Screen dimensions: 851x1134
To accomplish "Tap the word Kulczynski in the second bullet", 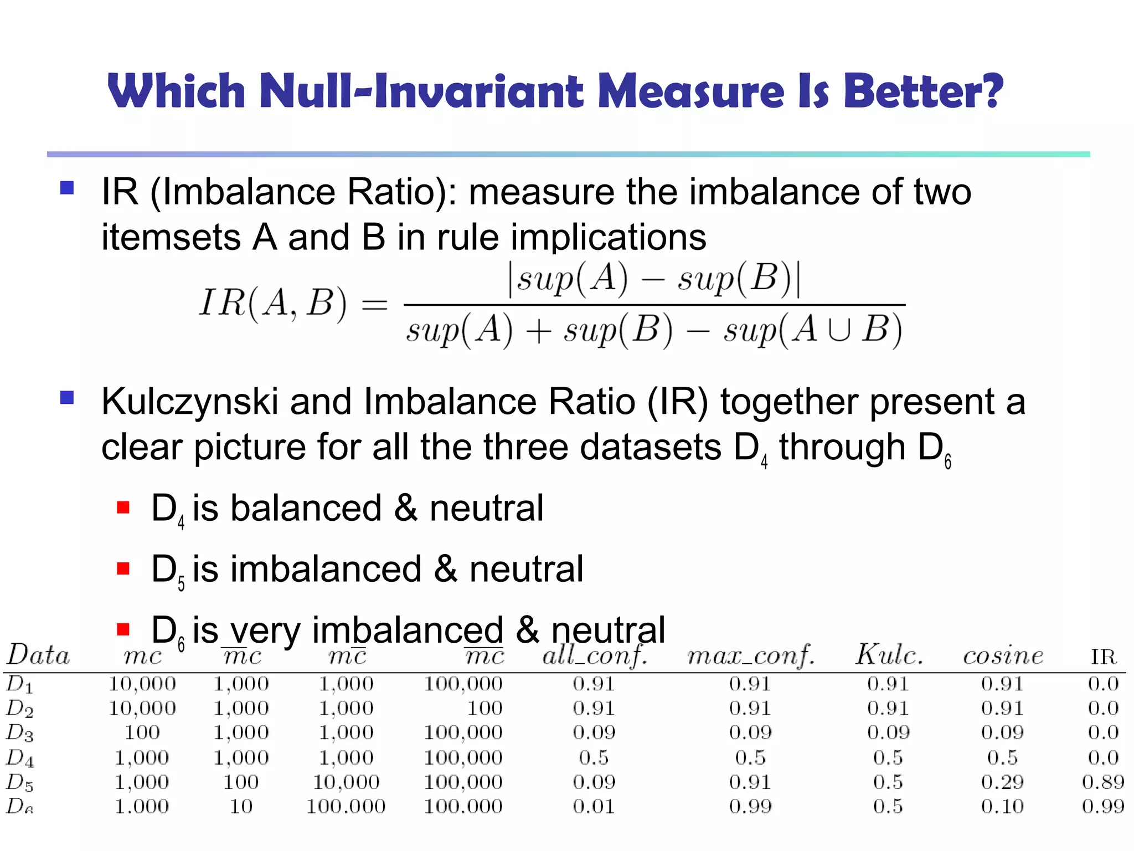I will [x=189, y=402].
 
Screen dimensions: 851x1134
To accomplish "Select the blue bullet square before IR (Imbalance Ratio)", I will [x=67, y=188].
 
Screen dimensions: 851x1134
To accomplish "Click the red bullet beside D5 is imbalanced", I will [x=123, y=569].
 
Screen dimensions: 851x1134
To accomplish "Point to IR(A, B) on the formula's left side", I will [x=273, y=304].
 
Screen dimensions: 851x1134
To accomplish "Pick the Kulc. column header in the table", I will [x=889, y=655].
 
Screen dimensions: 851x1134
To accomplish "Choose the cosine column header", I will [x=1003, y=657].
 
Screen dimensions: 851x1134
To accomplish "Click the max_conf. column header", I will [x=751, y=657].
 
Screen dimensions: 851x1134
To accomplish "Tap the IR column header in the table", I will [x=1103, y=657].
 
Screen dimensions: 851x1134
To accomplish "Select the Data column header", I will [x=38, y=655].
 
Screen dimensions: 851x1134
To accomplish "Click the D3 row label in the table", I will [x=20, y=733].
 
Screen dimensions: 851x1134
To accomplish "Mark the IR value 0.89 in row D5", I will [x=1103, y=782].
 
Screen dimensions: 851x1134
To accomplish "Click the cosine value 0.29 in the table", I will [x=1002, y=782].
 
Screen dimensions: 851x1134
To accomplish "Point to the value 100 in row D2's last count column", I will [x=484, y=708].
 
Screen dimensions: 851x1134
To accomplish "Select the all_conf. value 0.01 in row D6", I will [x=594, y=806].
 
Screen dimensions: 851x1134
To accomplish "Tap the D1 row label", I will [x=20, y=684].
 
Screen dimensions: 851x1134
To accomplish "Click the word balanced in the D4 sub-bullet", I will [x=306, y=508].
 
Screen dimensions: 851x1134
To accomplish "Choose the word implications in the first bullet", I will [x=608, y=238].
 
